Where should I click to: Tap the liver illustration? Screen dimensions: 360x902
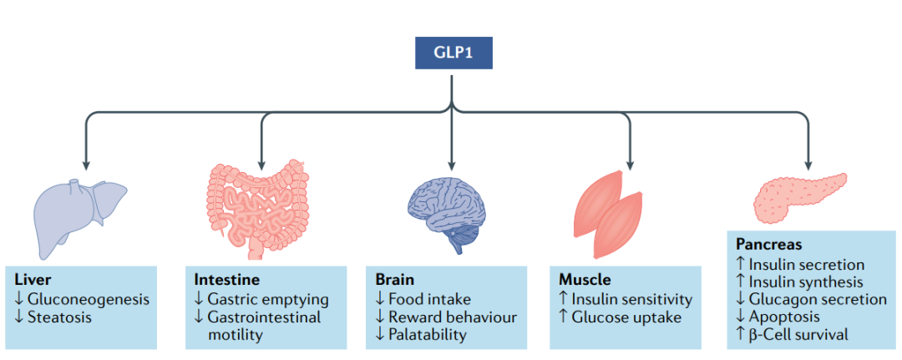click(x=79, y=213)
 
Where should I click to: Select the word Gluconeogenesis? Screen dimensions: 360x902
click(x=89, y=298)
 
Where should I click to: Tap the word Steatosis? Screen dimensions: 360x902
click(x=60, y=317)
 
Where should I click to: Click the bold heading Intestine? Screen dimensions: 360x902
click(x=226, y=280)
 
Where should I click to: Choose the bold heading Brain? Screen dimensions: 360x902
click(x=394, y=280)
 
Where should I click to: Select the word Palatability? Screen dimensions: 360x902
click(x=427, y=334)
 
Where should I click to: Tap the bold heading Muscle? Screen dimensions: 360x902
click(x=583, y=280)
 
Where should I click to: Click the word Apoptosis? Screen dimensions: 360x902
click(x=786, y=317)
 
